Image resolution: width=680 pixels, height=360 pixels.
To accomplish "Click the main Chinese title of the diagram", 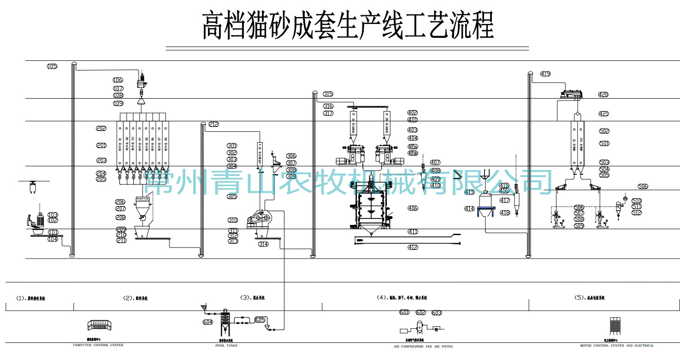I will tap(348, 26).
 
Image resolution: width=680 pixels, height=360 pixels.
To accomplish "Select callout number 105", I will tap(52, 66).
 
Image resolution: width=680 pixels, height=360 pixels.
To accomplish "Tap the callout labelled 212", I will tap(214, 124).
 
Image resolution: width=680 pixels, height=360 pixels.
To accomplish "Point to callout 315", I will tap(328, 94).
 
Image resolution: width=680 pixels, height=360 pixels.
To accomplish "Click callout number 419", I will tap(545, 74).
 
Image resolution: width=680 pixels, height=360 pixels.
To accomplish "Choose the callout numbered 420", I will tap(603, 94).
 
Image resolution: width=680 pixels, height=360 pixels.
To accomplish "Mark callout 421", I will tap(603, 114).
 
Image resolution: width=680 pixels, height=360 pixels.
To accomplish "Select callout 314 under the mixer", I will tap(263, 244).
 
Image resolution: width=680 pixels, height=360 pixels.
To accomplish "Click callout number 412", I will tap(413, 248).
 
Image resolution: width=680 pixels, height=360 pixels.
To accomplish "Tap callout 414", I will tap(469, 209).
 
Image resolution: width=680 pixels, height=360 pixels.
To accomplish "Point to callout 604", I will tap(208, 322).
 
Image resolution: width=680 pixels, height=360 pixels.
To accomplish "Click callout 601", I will tap(404, 313).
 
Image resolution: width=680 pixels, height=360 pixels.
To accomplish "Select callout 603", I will tap(437, 313).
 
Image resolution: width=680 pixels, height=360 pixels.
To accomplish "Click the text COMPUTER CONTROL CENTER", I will tap(98, 345).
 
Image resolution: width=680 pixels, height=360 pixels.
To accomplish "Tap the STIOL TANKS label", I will tap(226, 345).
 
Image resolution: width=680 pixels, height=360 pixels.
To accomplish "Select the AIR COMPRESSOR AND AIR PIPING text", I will tap(423, 346).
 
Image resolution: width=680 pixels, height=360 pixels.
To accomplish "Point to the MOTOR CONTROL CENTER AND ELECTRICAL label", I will tap(617, 345).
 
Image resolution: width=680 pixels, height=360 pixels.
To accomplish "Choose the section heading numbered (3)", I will tap(252, 298).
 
